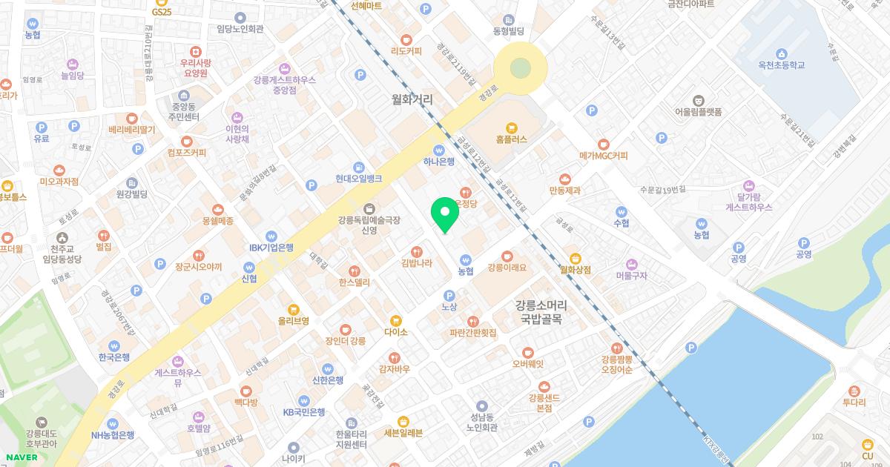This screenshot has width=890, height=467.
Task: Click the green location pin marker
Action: [x=445, y=213]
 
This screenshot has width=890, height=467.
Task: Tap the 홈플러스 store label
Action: [x=511, y=139]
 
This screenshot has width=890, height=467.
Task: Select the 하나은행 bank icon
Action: [x=438, y=148]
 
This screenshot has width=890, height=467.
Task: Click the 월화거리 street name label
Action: [x=412, y=99]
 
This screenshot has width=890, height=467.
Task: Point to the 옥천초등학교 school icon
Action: [x=781, y=53]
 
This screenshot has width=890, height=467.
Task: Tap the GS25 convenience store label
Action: [x=162, y=12]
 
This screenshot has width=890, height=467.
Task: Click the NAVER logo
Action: [x=20, y=457]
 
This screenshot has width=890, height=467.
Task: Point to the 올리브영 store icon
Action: [x=294, y=308]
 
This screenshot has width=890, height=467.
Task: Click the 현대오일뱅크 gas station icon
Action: [x=358, y=167]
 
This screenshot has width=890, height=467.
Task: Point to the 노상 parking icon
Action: [x=449, y=295]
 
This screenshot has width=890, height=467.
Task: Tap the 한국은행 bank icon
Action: [x=114, y=345]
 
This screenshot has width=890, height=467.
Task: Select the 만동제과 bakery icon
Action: [x=565, y=179]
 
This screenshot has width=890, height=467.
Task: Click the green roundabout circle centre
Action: [x=521, y=68]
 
